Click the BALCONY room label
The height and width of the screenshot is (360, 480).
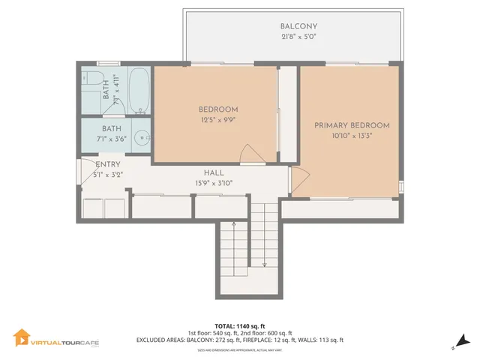click(x=293, y=26)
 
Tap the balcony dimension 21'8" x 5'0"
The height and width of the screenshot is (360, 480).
click(x=293, y=37)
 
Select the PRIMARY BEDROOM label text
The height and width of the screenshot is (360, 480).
click(x=352, y=125)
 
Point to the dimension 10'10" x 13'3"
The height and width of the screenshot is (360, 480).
click(x=352, y=136)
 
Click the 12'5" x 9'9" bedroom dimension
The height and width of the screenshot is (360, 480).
click(x=217, y=119)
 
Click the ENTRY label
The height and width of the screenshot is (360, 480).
click(x=108, y=165)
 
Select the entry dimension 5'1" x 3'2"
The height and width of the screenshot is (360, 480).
click(x=108, y=175)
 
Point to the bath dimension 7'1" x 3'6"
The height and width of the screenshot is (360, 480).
click(x=111, y=139)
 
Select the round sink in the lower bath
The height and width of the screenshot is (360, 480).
click(x=142, y=139)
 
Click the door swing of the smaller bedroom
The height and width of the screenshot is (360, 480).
click(x=251, y=154)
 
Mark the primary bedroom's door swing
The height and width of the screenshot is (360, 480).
click(x=298, y=179)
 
